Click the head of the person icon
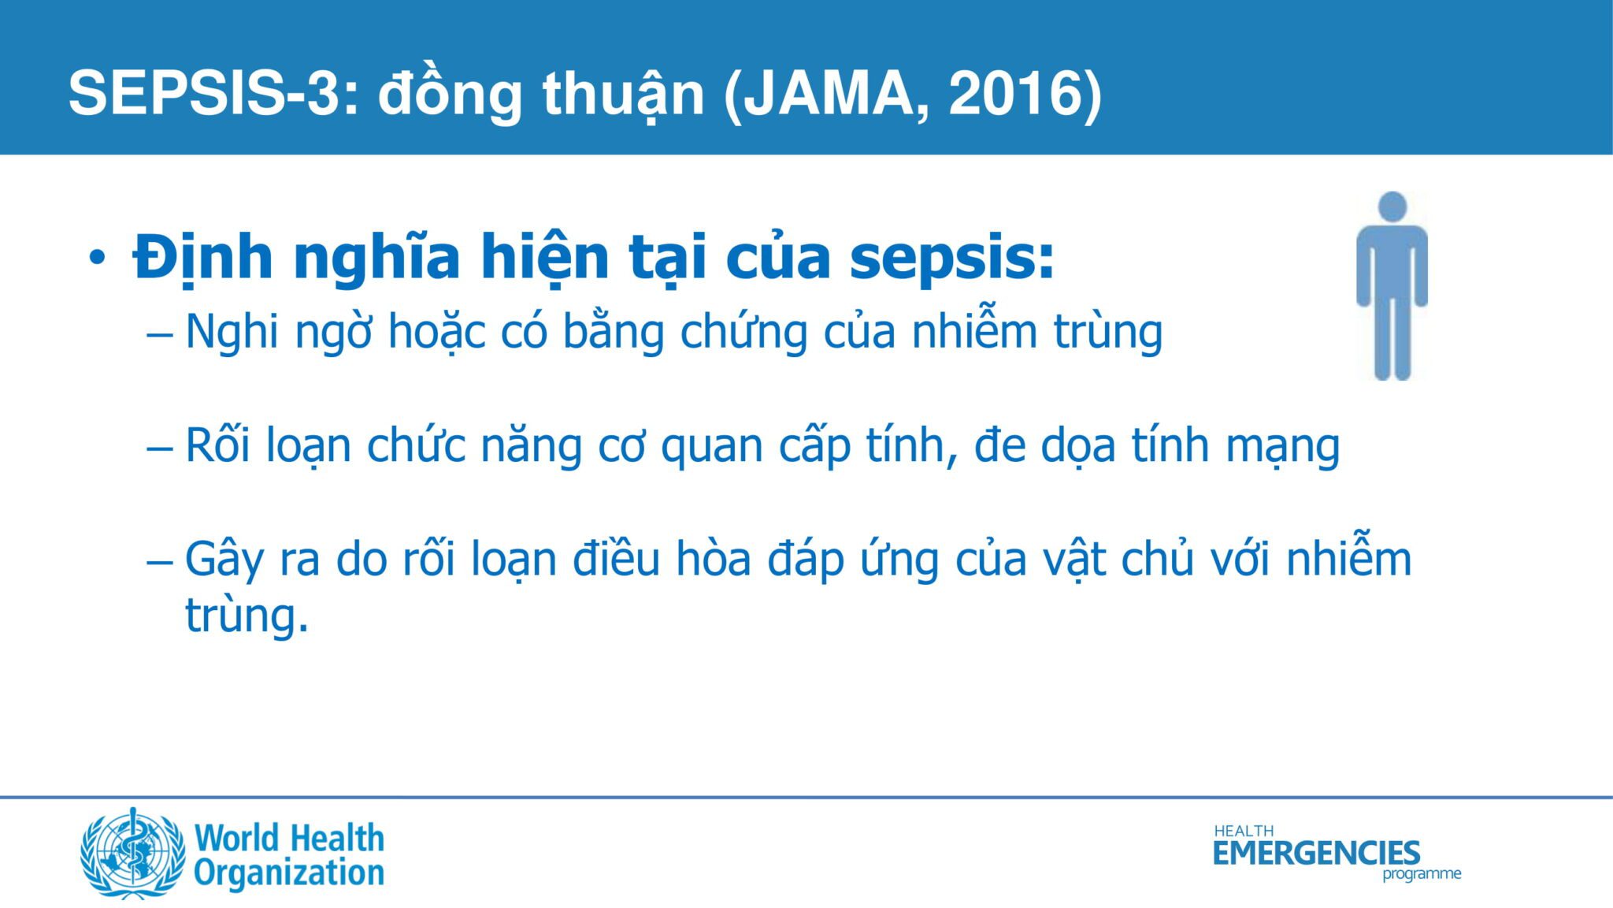(x=1392, y=207)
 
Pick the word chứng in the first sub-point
(x=743, y=331)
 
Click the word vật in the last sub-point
(x=1074, y=560)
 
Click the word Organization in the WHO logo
(x=289, y=873)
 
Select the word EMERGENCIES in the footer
(x=1317, y=853)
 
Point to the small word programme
(x=1422, y=874)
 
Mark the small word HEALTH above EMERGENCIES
(x=1244, y=831)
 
